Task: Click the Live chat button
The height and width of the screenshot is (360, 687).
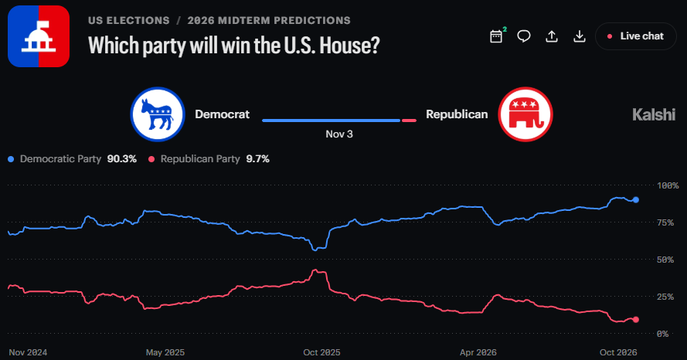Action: pyautogui.click(x=636, y=36)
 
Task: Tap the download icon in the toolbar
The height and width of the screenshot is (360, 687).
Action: pyautogui.click(x=580, y=36)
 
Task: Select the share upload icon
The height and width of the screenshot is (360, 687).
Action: pyautogui.click(x=552, y=36)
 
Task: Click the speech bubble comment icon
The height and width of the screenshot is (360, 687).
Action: pyautogui.click(x=524, y=36)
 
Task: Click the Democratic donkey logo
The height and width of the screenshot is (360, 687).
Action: pyautogui.click(x=158, y=114)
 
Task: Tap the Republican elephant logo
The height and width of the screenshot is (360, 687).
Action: pyautogui.click(x=525, y=114)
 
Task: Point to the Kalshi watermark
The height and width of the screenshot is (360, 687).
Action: pyautogui.click(x=654, y=115)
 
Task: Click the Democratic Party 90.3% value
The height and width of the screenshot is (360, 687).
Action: pyautogui.click(x=122, y=159)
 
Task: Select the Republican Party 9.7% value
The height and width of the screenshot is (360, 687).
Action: pyautogui.click(x=257, y=159)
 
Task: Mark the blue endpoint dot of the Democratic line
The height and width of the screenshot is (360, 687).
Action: pyautogui.click(x=636, y=200)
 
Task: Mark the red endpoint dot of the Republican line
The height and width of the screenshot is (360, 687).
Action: pyautogui.click(x=636, y=320)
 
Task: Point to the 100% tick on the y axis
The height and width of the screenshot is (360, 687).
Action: pyautogui.click(x=668, y=185)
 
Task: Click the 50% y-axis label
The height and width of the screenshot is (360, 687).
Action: pyautogui.click(x=665, y=260)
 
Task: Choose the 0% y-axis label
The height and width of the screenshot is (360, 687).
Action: pyautogui.click(x=663, y=334)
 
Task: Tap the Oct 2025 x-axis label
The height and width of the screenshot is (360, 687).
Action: pyautogui.click(x=321, y=352)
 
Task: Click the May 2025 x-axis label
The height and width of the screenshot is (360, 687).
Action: pyautogui.click(x=165, y=352)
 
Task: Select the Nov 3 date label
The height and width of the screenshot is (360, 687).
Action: pyautogui.click(x=339, y=134)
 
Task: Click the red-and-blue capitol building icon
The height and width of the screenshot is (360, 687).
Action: pyautogui.click(x=39, y=36)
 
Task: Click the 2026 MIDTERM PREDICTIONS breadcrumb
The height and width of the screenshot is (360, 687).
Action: pyautogui.click(x=269, y=21)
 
